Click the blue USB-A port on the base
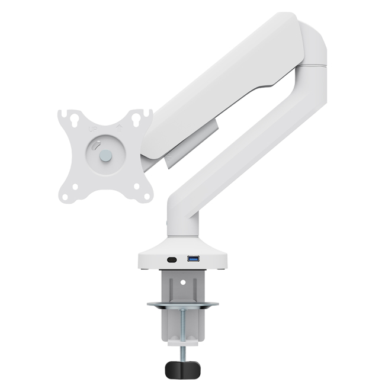click(193, 259)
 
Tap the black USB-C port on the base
click(172, 259)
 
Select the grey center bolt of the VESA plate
click(105, 156)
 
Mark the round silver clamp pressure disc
click(182, 305)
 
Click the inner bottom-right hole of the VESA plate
click(137, 186)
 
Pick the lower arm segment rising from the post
click(249, 148)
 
